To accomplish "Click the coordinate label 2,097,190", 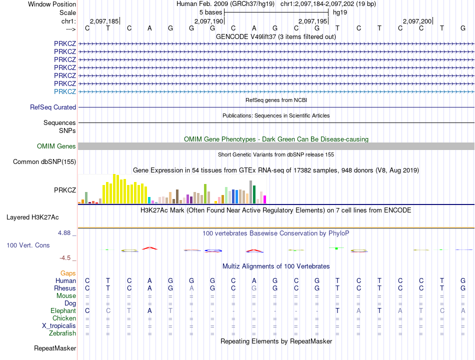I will pyautogui.click(x=208, y=21).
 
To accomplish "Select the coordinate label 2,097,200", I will pyautogui.click(x=417, y=21).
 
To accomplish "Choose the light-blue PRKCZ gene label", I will pyautogui.click(x=65, y=91).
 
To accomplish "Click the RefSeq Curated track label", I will pyautogui.click(x=53, y=107).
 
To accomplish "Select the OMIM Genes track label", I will pyautogui.click(x=56, y=146).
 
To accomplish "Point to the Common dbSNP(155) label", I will pyautogui.click(x=44, y=162).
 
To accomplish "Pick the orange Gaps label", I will pyautogui.click(x=68, y=273).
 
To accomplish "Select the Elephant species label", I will pyautogui.click(x=63, y=311).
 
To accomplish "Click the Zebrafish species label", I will pyautogui.click(x=62, y=333).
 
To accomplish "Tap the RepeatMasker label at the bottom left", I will pyautogui.click(x=55, y=348).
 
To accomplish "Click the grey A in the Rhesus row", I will pyautogui.click(x=191, y=288).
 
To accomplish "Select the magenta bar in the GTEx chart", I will pyautogui.click(x=264, y=199).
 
